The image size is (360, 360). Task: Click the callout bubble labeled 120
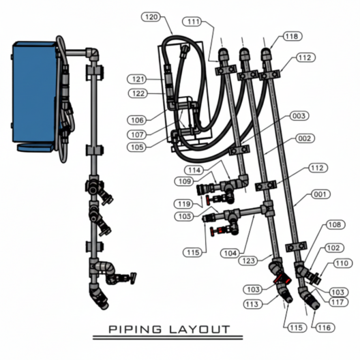[x=151, y=17]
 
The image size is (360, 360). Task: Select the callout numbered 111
[x=192, y=22]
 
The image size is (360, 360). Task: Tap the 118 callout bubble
[x=292, y=36]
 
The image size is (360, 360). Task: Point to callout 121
[x=137, y=79]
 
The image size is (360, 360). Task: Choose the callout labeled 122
[x=138, y=93]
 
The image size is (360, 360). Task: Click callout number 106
[x=137, y=120]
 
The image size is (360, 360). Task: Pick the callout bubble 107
[x=137, y=134]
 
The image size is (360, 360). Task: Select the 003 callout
[x=299, y=116]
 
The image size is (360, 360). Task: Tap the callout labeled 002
[x=305, y=138]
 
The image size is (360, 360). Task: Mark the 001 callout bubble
[x=320, y=194]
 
